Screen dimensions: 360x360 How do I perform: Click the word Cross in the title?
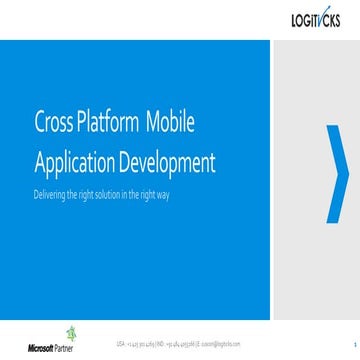[x=53, y=125]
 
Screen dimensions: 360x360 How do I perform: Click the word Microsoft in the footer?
[x=45, y=349]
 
